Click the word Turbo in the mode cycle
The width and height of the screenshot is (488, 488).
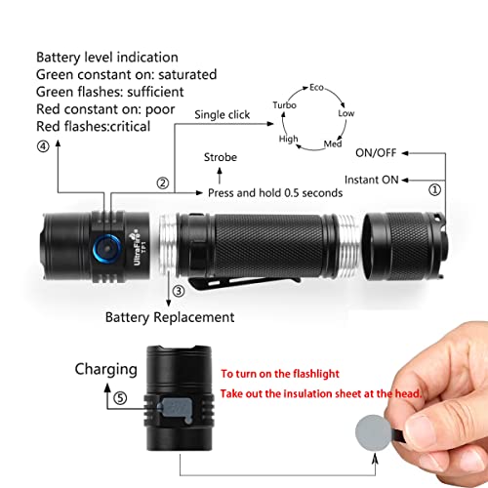(x=284, y=104)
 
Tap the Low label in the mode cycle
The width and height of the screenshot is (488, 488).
(x=346, y=113)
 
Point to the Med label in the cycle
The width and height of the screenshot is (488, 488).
(x=332, y=144)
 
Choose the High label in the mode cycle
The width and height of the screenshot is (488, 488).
(x=289, y=140)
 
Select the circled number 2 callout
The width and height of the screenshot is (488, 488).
(x=162, y=183)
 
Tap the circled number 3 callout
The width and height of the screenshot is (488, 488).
(x=178, y=291)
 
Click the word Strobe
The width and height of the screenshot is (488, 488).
(x=220, y=156)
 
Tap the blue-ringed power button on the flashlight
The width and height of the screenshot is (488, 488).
(x=104, y=238)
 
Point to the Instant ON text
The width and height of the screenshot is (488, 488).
(x=372, y=179)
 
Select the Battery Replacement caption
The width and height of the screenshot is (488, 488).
(x=170, y=317)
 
